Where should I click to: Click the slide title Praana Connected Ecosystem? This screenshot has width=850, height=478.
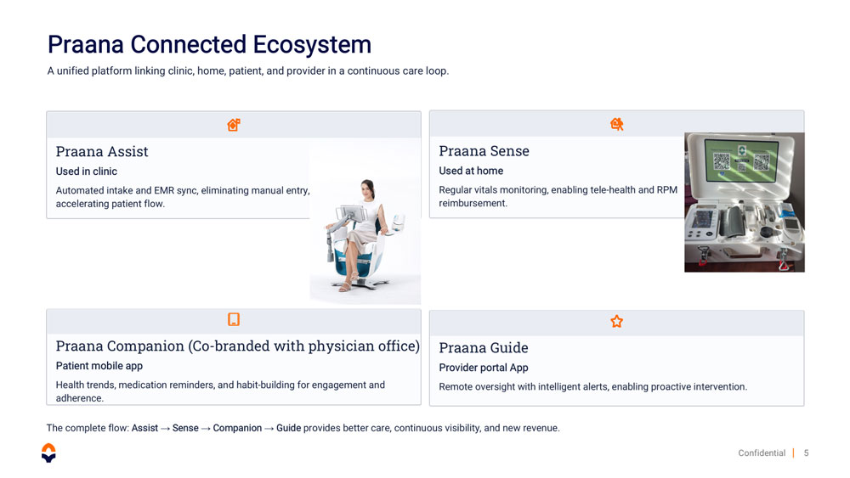(209, 45)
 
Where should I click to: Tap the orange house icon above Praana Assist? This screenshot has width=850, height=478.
(234, 125)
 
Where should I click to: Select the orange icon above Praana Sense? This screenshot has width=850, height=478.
(616, 125)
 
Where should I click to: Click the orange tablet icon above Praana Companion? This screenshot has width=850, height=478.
(234, 319)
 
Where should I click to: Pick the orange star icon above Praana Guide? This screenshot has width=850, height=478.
(616, 322)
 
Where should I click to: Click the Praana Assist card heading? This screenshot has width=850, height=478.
(102, 152)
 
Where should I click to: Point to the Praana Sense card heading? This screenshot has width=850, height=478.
(484, 151)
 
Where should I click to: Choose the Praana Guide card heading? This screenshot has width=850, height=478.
(484, 347)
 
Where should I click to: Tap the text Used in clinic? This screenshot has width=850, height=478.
(86, 172)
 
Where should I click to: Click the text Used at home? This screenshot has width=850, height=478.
(471, 171)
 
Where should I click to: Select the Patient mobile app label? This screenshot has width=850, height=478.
(99, 366)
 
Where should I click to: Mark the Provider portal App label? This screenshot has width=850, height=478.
(484, 368)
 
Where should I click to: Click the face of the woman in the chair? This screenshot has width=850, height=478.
(367, 189)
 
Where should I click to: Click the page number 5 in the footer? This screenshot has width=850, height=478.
(806, 453)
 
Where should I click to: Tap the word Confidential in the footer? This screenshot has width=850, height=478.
(762, 453)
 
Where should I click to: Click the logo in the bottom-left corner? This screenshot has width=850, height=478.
(48, 453)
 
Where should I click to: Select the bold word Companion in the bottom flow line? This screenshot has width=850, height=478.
(237, 428)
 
